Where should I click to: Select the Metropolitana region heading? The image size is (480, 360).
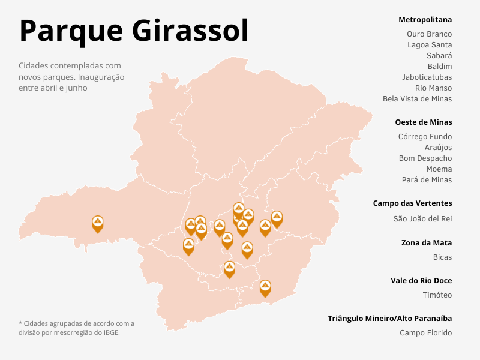click(425, 20)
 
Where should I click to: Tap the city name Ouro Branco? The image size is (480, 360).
click(429, 34)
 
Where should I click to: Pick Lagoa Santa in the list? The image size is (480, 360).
click(430, 45)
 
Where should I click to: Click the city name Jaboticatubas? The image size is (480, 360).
click(427, 77)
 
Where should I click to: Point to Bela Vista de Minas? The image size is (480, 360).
click(417, 99)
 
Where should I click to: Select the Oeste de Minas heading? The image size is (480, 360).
click(423, 122)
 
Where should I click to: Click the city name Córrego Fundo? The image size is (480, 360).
click(425, 137)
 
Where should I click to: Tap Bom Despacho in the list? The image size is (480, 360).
click(425, 158)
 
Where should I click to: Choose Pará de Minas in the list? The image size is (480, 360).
click(427, 180)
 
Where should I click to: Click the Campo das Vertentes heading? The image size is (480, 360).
click(412, 203)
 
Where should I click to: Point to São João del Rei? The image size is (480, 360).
click(422, 219)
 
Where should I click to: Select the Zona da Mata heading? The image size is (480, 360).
click(427, 243)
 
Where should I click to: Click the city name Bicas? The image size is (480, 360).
click(442, 257)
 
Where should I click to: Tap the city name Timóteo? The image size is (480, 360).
click(437, 295)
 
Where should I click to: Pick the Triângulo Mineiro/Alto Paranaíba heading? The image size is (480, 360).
click(389, 318)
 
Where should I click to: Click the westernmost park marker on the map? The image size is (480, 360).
click(98, 223)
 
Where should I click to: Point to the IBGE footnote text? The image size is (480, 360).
click(76, 328)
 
